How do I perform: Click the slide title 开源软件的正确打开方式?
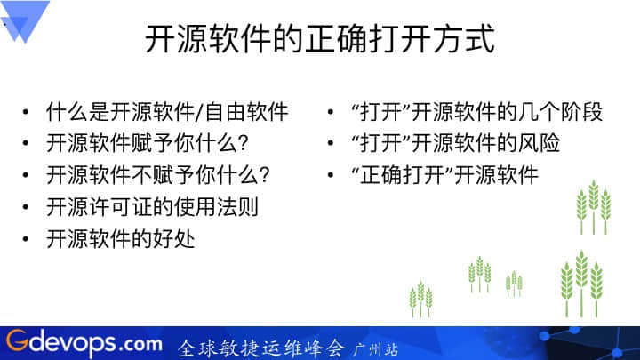click(x=320, y=39)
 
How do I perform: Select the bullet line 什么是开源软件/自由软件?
click(x=167, y=112)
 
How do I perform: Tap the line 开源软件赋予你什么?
click(x=148, y=143)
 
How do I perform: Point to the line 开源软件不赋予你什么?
click(x=158, y=175)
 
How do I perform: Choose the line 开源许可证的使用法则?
click(x=152, y=207)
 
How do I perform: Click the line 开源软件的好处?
click(x=120, y=239)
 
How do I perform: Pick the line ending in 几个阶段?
click(x=476, y=112)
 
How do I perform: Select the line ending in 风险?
click(x=455, y=143)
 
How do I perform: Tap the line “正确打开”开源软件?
click(x=445, y=175)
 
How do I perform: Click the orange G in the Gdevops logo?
click(x=18, y=340)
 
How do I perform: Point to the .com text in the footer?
click(x=140, y=344)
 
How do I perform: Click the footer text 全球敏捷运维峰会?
click(x=262, y=348)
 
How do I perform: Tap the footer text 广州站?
click(x=376, y=349)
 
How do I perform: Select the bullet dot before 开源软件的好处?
click(x=26, y=239)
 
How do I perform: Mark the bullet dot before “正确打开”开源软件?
click(x=331, y=175)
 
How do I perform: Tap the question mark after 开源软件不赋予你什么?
click(x=265, y=175)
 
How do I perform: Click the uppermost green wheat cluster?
click(x=594, y=207)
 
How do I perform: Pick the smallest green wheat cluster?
click(x=514, y=284)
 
